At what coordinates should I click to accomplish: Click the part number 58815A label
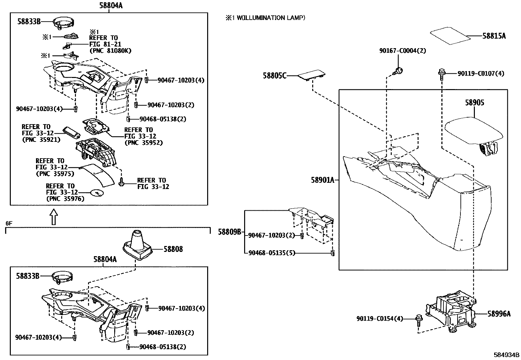point(494,36)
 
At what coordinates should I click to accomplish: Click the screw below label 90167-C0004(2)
point(399,70)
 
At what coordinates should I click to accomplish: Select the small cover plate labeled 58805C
point(310,75)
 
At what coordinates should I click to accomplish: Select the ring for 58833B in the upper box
point(63,22)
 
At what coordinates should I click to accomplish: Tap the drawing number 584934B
point(507,354)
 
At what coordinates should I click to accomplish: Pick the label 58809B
point(230,232)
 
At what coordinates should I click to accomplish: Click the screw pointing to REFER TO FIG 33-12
point(122,182)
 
